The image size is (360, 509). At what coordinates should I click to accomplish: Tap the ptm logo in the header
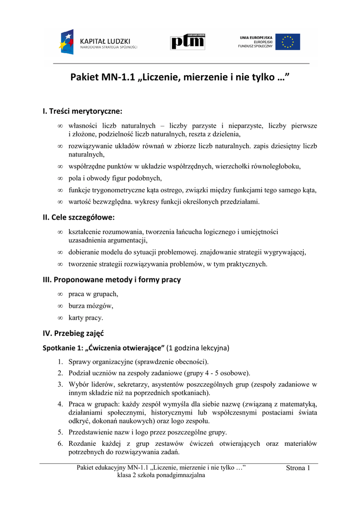(x=187, y=42)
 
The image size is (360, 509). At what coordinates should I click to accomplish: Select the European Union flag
(x=288, y=42)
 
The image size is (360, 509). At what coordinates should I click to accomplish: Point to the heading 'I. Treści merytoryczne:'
(x=83, y=111)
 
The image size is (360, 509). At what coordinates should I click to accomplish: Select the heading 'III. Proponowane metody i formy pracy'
(x=112, y=279)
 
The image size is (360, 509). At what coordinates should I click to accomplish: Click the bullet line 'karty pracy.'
(x=86, y=318)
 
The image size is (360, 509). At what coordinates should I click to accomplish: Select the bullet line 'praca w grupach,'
(x=93, y=294)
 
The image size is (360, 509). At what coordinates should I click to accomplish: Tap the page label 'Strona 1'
(x=298, y=468)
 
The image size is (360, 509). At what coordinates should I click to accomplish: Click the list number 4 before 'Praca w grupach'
(x=60, y=405)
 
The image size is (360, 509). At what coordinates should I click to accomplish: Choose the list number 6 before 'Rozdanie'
(x=60, y=443)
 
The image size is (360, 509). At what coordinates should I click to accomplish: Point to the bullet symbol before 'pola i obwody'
(x=60, y=178)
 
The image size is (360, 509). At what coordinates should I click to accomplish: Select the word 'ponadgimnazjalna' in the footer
(x=180, y=475)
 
